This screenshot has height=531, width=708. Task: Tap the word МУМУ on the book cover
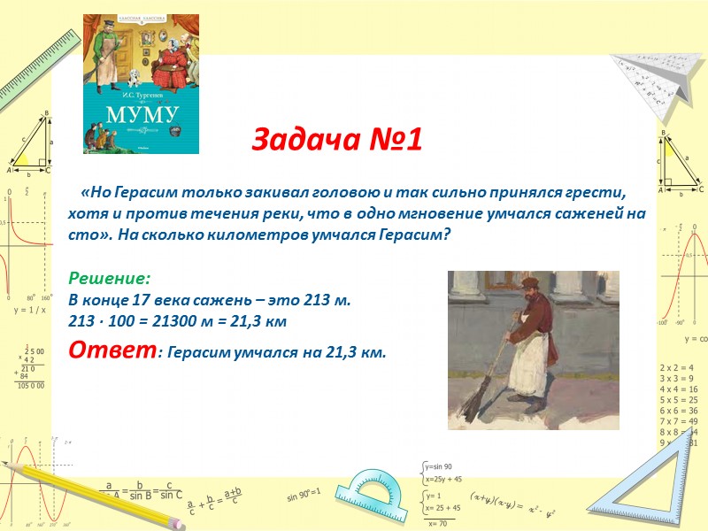click(x=142, y=113)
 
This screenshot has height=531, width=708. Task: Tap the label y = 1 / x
click(x=29, y=311)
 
